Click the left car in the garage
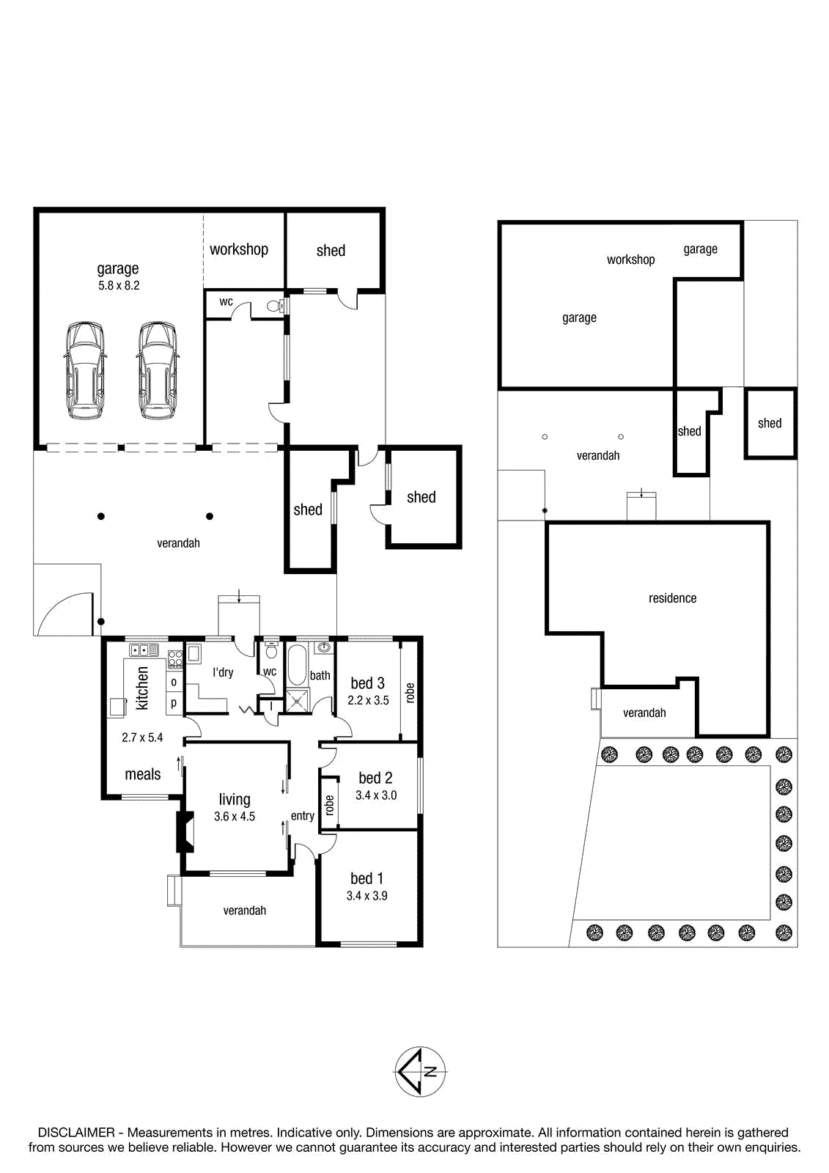84,370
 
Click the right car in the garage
157,370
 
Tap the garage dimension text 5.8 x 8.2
119,286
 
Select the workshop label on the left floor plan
239,250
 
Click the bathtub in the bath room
297,665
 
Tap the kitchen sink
144,650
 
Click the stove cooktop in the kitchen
175,659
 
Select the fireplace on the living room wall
184,831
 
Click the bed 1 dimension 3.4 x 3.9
366,896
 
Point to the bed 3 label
368,683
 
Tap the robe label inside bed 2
329,806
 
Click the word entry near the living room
303,816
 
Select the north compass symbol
420,1072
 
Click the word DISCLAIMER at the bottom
76,1133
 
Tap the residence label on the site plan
672,598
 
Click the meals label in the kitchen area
142,774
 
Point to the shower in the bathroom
297,701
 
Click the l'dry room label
223,673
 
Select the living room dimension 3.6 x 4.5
235,817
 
